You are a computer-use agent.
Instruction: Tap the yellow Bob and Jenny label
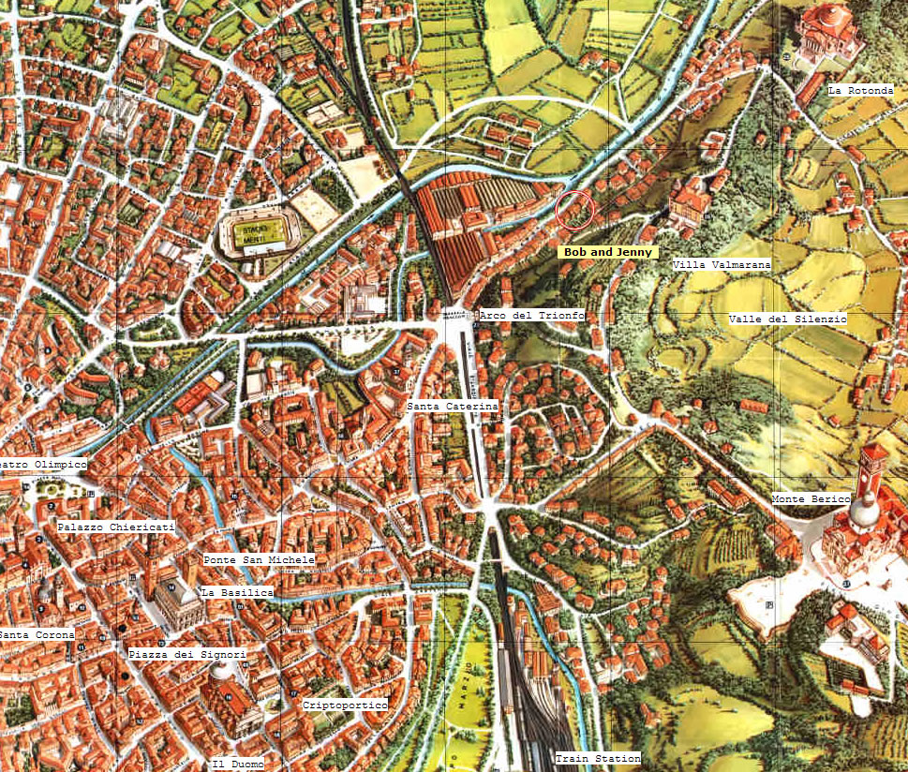click(x=607, y=252)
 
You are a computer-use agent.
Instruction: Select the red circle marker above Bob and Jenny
click(x=574, y=209)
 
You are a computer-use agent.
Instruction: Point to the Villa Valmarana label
click(x=722, y=265)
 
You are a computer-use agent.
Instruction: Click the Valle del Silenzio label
click(x=787, y=319)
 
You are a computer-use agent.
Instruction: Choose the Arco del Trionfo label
click(x=531, y=316)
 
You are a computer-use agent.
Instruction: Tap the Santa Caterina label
click(x=452, y=407)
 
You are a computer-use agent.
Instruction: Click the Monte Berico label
click(x=810, y=499)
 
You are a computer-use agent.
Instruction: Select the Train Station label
click(x=598, y=758)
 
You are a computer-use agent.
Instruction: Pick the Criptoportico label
click(x=345, y=705)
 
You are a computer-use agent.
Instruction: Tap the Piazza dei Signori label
click(x=187, y=654)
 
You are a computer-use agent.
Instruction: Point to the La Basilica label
click(x=237, y=593)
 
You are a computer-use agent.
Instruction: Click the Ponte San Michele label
click(x=260, y=559)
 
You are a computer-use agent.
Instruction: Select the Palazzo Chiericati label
click(x=115, y=527)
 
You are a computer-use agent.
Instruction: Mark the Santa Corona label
click(x=37, y=635)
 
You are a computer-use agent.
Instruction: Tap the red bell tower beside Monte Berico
click(x=872, y=473)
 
